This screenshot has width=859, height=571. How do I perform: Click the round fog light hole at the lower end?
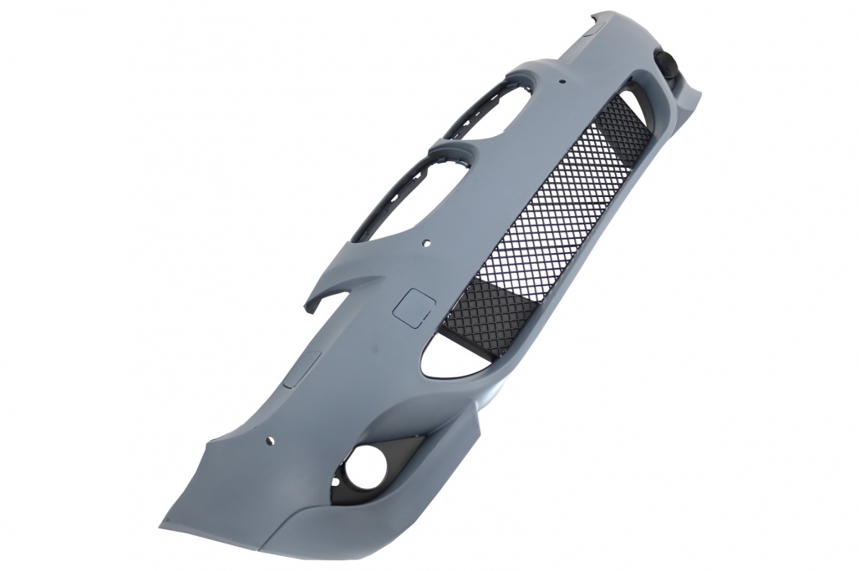point(365,460)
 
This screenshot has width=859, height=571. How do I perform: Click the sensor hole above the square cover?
point(427,245)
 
